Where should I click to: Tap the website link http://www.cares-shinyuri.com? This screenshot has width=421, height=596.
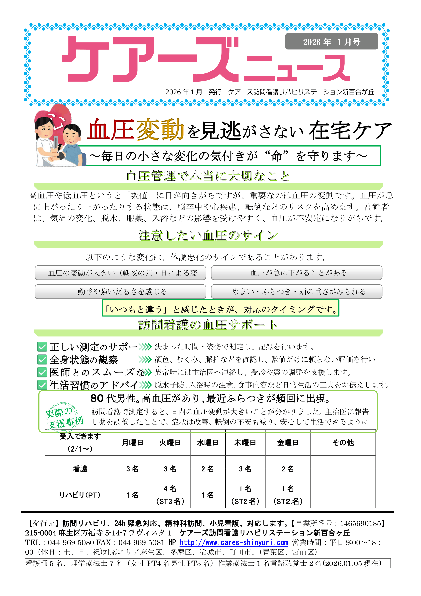pos(234,542)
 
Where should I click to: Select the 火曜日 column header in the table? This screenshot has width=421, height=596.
pos(170,443)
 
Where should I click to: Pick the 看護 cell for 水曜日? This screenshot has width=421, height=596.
pos(207,469)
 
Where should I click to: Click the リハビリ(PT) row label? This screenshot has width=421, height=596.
pos(80,495)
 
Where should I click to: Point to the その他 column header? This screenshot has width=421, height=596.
pos(343,443)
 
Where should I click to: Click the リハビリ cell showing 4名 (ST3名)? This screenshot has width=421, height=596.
pos(170,495)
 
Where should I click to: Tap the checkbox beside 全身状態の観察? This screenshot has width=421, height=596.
pos(42,360)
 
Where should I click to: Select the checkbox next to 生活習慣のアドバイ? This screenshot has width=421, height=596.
pos(42,385)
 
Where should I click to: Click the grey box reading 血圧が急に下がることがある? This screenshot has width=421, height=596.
pos(296,273)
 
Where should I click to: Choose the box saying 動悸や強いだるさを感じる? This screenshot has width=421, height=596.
pos(120,292)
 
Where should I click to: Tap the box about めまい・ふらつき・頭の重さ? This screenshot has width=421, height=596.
pos(296,292)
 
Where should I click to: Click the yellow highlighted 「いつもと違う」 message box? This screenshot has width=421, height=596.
pos(220,308)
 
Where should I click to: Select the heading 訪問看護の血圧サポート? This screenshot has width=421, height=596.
pos(208,325)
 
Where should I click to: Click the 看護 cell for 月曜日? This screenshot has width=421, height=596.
pos(132,469)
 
